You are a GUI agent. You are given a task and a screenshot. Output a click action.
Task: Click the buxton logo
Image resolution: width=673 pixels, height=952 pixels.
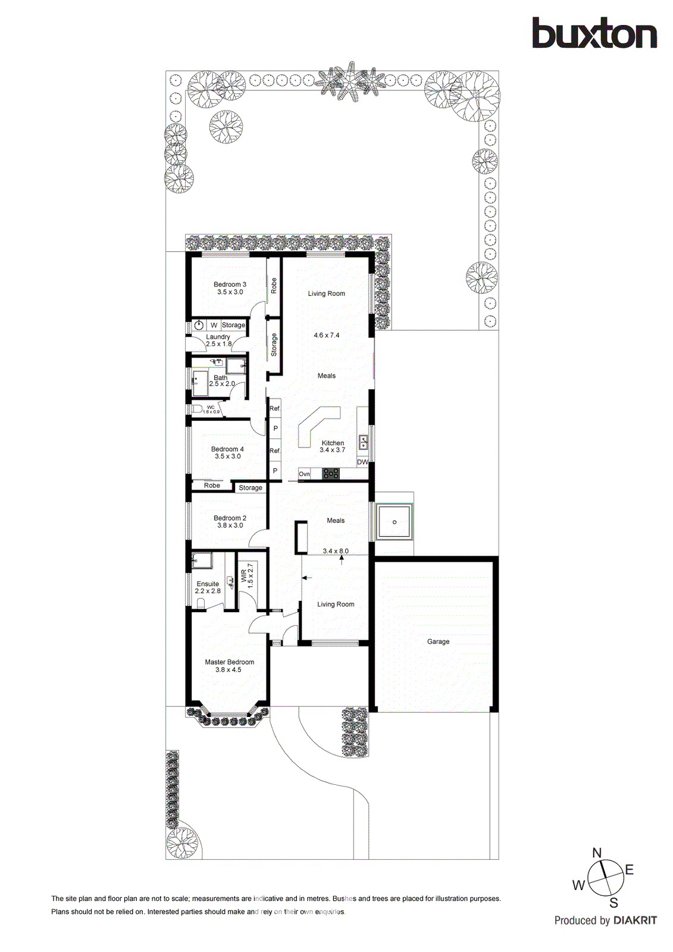[x=594, y=33]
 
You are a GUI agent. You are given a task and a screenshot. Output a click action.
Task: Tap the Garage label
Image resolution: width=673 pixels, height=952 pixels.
[x=438, y=641]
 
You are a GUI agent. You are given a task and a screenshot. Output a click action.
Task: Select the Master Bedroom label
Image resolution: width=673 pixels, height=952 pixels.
[x=229, y=662]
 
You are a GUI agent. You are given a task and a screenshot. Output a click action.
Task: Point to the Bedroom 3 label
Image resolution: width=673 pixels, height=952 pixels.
[x=230, y=284]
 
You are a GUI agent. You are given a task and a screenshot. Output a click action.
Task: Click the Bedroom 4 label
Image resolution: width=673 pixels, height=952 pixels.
[x=227, y=449]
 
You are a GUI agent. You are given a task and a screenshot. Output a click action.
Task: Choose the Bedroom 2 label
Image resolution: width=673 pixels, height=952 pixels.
[x=230, y=518]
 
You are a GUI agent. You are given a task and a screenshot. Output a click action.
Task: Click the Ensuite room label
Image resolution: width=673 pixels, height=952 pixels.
[x=208, y=584]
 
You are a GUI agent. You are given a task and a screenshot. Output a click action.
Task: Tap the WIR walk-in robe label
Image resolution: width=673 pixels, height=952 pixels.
[x=244, y=575]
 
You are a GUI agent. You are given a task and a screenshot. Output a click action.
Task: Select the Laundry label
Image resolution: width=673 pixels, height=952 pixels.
[x=218, y=337]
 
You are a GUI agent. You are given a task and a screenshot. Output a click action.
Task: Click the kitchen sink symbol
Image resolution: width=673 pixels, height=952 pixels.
[x=363, y=442]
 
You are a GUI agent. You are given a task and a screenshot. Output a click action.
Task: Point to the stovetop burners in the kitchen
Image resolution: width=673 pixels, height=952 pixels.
[x=330, y=474]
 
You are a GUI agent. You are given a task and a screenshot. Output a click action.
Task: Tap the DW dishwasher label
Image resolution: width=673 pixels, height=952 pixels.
[x=362, y=462]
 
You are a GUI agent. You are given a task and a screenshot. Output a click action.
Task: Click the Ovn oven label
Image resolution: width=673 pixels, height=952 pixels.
[x=304, y=474]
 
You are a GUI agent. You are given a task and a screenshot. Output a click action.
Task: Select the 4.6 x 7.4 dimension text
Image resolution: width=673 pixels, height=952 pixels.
[x=327, y=336]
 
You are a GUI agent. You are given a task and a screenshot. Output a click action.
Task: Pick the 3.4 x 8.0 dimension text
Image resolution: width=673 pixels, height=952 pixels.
[x=336, y=551]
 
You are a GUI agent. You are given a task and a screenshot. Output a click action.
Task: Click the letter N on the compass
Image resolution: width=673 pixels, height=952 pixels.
[x=597, y=853]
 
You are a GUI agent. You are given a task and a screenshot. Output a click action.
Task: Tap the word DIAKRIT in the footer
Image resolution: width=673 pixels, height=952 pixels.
[x=635, y=920]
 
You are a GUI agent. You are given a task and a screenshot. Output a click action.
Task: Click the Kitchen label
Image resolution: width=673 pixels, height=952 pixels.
[x=333, y=443]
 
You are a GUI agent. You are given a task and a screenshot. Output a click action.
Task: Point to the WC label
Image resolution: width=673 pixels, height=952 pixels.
[x=211, y=407]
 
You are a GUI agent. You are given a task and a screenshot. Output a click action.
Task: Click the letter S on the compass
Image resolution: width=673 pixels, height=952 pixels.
[x=613, y=903]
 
